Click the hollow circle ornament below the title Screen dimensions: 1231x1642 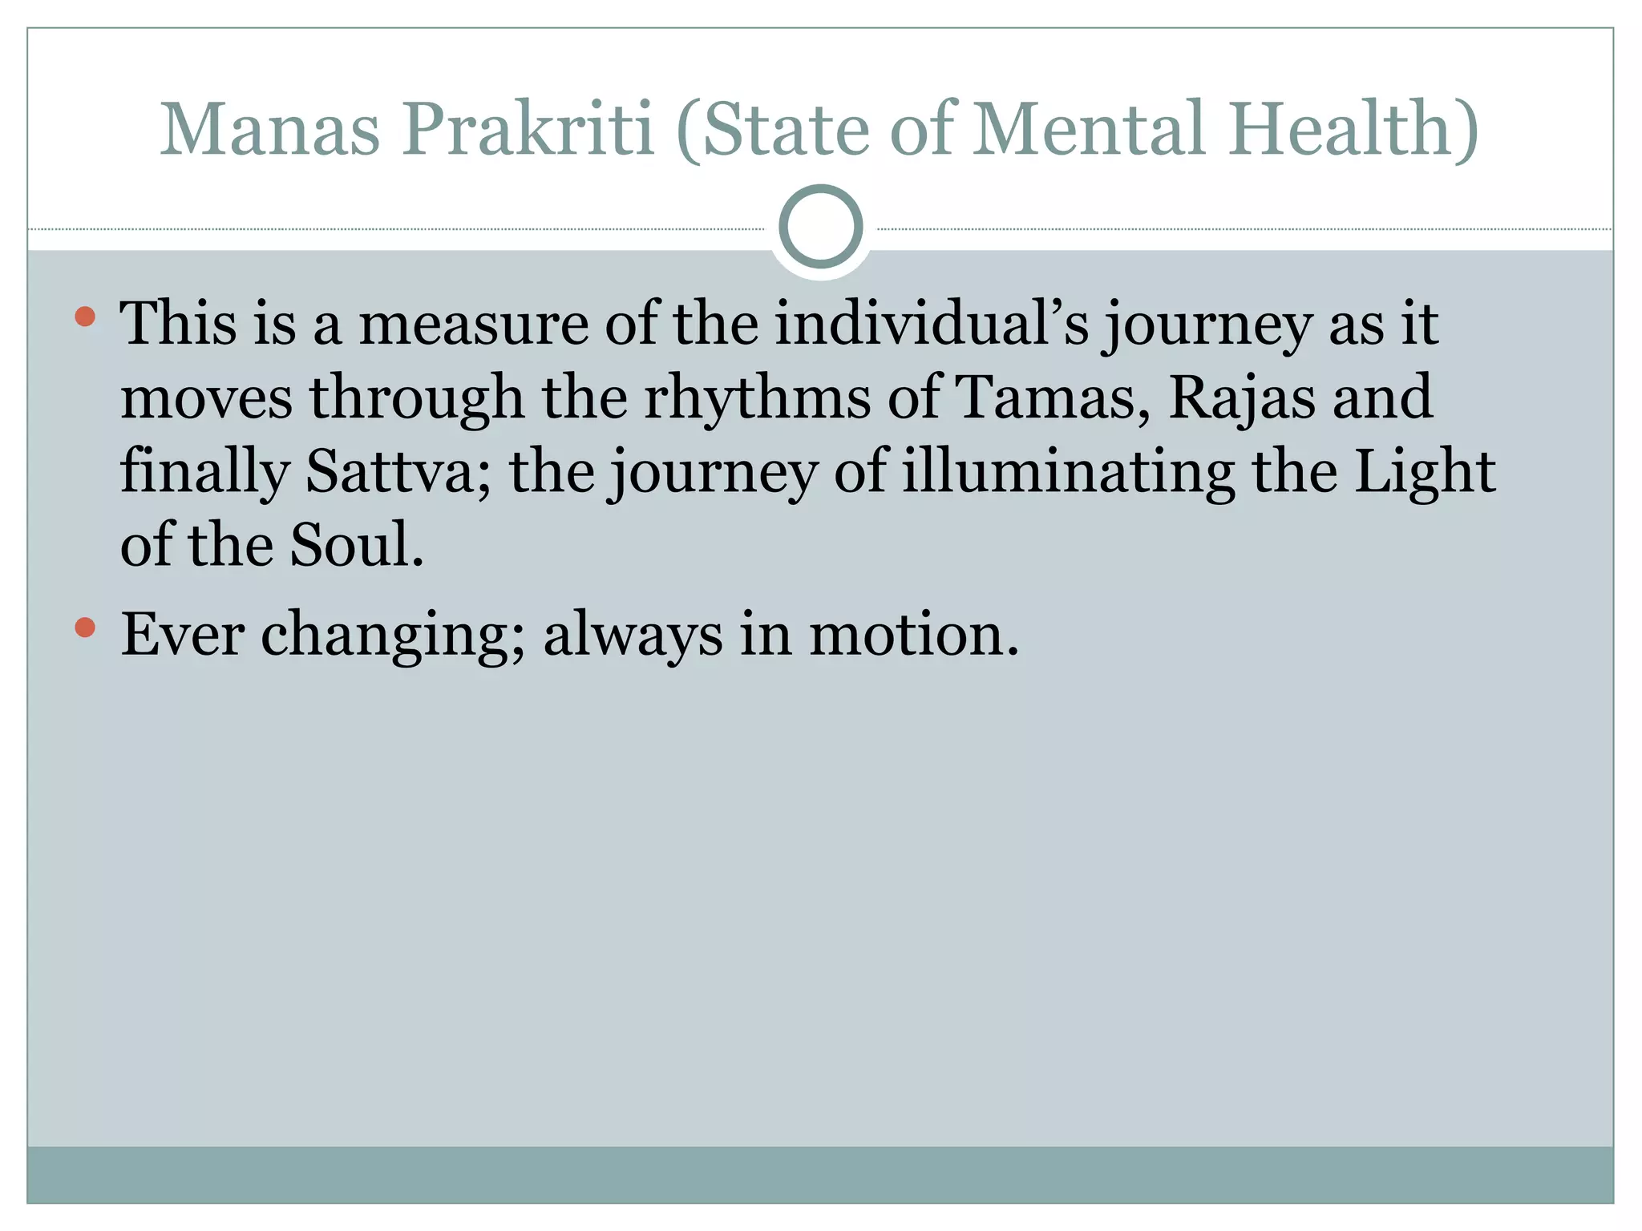click(820, 226)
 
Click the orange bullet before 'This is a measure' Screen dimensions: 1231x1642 click(85, 317)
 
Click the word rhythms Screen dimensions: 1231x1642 click(757, 397)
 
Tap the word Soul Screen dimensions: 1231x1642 click(355, 545)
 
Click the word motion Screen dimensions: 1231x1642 click(913, 634)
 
